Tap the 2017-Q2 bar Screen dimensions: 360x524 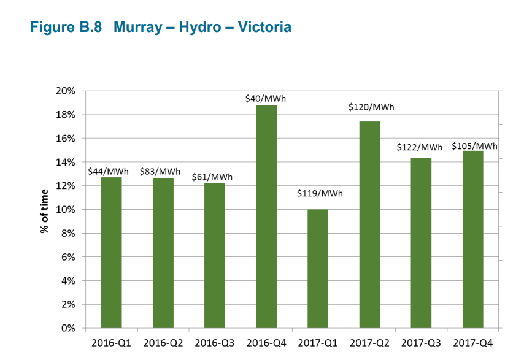pyautogui.click(x=369, y=224)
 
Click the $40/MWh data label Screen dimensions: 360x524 pyautogui.click(x=266, y=98)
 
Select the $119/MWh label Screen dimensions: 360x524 pyautogui.click(x=320, y=194)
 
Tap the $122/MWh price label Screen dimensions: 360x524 pyautogui.click(x=420, y=148)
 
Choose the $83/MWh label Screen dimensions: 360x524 pyautogui.click(x=160, y=171)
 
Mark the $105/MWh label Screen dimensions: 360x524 pyautogui.click(x=474, y=146)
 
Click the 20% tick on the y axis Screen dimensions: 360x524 pyautogui.click(x=66, y=91)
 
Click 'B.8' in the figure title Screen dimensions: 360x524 pyautogui.click(x=88, y=28)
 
